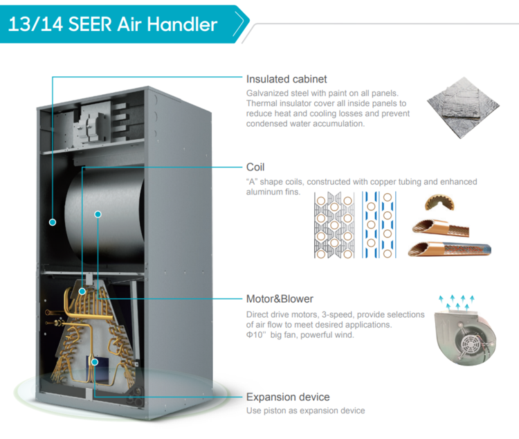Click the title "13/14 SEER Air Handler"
[113, 24]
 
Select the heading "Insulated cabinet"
[286, 79]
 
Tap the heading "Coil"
[255, 168]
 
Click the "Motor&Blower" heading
[280, 299]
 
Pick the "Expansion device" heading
[288, 397]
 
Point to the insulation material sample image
[463, 107]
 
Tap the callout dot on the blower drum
[98, 215]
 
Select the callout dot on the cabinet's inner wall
[53, 222]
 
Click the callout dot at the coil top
[82, 292]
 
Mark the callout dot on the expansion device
[95, 362]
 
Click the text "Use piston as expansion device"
[305, 411]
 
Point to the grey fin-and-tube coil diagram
[334, 225]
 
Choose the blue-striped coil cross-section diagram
[379, 225]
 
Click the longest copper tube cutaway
[450, 249]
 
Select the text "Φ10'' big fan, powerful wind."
[300, 335]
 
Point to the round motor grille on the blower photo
[469, 345]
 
